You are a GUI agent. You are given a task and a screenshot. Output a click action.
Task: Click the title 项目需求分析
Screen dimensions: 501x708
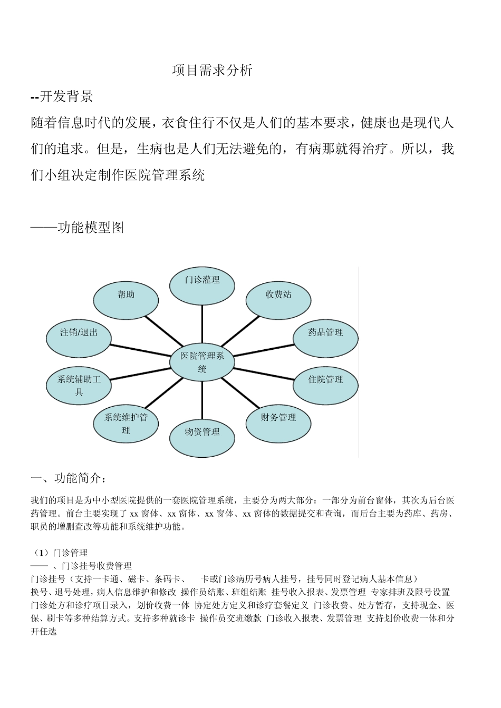pyautogui.click(x=213, y=71)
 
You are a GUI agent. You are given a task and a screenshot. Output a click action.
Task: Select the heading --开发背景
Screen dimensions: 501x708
pyautogui.click(x=62, y=96)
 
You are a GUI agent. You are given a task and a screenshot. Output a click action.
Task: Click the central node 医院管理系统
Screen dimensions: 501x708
pyautogui.click(x=202, y=362)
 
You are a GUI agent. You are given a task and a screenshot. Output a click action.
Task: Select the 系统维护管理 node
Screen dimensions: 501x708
pyautogui.click(x=126, y=424)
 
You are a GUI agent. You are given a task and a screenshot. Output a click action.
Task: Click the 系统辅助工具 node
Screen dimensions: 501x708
pyautogui.click(x=79, y=385)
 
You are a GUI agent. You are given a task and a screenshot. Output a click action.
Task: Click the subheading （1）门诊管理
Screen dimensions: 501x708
pyautogui.click(x=60, y=553)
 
